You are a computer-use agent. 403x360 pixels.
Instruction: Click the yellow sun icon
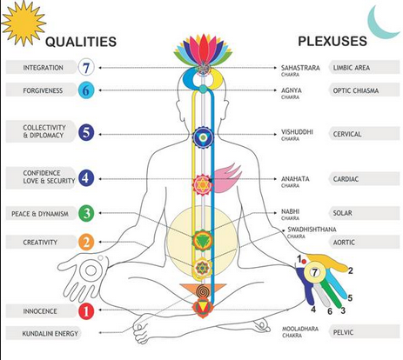tap(24, 23)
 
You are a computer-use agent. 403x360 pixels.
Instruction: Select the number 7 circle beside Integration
tap(86, 68)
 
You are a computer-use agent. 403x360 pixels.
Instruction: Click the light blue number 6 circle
tap(86, 90)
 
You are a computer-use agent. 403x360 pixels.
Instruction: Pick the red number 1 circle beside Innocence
tap(86, 311)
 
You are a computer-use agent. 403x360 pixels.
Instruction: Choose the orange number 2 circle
tap(86, 242)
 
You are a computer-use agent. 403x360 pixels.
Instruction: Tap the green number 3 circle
tap(86, 213)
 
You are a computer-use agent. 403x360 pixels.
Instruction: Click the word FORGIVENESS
tap(43, 90)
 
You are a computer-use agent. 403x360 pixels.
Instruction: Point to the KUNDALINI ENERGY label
tap(50, 334)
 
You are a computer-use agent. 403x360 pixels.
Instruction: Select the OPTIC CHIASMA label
tap(356, 90)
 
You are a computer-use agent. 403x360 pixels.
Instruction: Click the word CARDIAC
tap(346, 179)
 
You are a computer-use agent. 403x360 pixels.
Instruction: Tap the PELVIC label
tap(343, 332)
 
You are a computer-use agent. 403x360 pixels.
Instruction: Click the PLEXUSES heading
tap(332, 41)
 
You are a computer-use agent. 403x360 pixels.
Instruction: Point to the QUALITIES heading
tap(81, 42)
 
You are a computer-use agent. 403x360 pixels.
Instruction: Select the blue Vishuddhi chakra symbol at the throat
tap(203, 137)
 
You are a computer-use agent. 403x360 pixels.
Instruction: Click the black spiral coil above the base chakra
tap(203, 291)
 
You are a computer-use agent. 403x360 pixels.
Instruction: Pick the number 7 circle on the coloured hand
tap(314, 272)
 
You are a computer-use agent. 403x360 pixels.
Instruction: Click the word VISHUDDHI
tap(297, 132)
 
